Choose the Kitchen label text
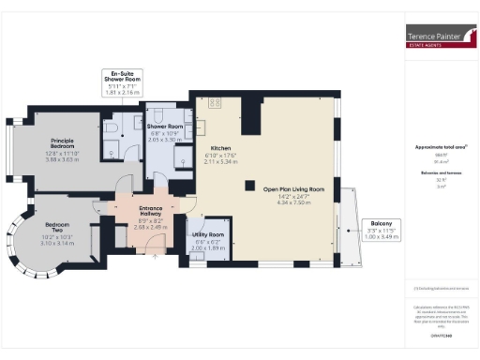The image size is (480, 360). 220,149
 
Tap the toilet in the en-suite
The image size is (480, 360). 112,125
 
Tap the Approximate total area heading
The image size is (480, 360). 441,147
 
